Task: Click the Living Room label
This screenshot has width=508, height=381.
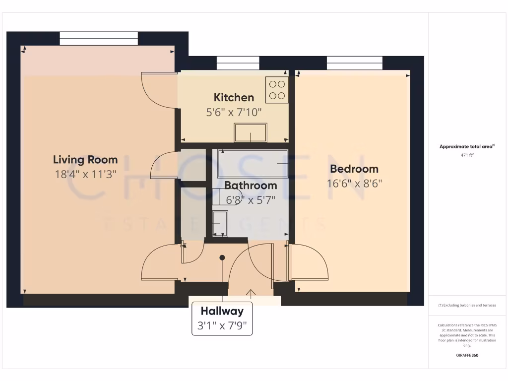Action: click(x=85, y=160)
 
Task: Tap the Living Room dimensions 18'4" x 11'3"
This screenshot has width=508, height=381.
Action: click(x=85, y=174)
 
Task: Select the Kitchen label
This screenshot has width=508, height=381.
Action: click(x=234, y=97)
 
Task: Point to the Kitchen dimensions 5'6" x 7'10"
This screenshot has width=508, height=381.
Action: click(x=234, y=112)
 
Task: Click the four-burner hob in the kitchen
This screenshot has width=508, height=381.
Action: click(x=277, y=90)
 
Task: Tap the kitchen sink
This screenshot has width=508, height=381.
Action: click(x=251, y=132)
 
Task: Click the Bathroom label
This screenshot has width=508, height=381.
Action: click(x=251, y=186)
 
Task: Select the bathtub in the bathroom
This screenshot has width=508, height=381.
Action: click(x=253, y=163)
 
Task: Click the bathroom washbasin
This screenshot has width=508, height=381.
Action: click(x=220, y=224)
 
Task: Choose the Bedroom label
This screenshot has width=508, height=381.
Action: click(x=354, y=169)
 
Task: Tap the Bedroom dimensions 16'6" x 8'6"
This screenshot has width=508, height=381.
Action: click(x=354, y=183)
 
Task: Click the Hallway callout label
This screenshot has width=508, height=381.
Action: click(x=222, y=312)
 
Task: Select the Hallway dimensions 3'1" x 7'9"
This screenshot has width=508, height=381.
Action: click(x=222, y=326)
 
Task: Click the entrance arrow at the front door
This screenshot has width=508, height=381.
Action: click(x=251, y=294)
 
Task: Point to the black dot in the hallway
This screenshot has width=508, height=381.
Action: click(x=222, y=257)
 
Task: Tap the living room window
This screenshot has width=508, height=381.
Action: click(x=99, y=39)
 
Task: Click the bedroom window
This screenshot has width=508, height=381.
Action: click(x=355, y=63)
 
